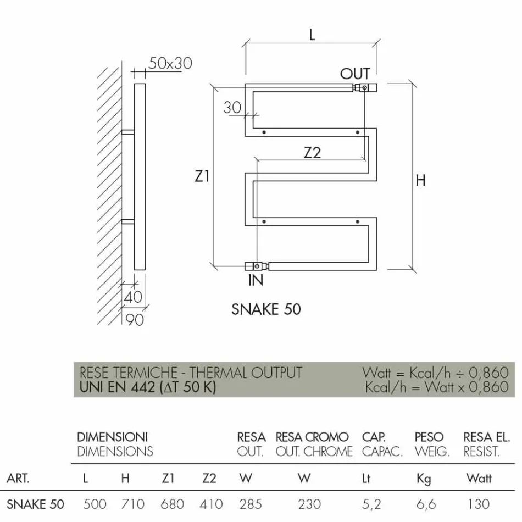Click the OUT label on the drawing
click(355, 74)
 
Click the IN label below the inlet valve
click(256, 280)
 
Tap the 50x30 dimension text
click(170, 63)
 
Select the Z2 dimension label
click(312, 153)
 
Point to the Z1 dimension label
click(202, 176)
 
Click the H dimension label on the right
click(420, 180)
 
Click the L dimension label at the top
click(312, 35)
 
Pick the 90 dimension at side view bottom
click(135, 319)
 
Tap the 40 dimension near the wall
click(133, 297)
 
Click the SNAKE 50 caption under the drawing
click(266, 309)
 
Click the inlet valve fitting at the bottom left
click(257, 266)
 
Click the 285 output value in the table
click(251, 504)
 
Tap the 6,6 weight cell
click(423, 504)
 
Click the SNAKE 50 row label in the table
click(35, 504)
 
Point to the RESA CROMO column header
click(312, 437)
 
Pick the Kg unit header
click(424, 479)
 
